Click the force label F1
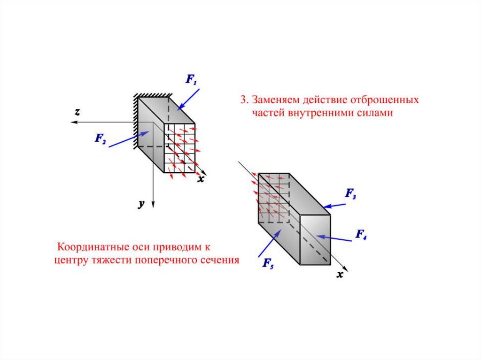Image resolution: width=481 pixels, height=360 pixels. coord(191,80)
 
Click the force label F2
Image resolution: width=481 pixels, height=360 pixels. coord(101,138)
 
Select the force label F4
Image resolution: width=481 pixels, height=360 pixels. coord(361,234)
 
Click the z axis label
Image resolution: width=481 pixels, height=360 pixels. coord(77,112)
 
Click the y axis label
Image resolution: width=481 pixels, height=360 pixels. coord(140,204)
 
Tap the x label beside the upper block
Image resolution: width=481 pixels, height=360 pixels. coord(201,179)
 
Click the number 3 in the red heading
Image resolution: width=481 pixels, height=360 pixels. coord(243,100)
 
